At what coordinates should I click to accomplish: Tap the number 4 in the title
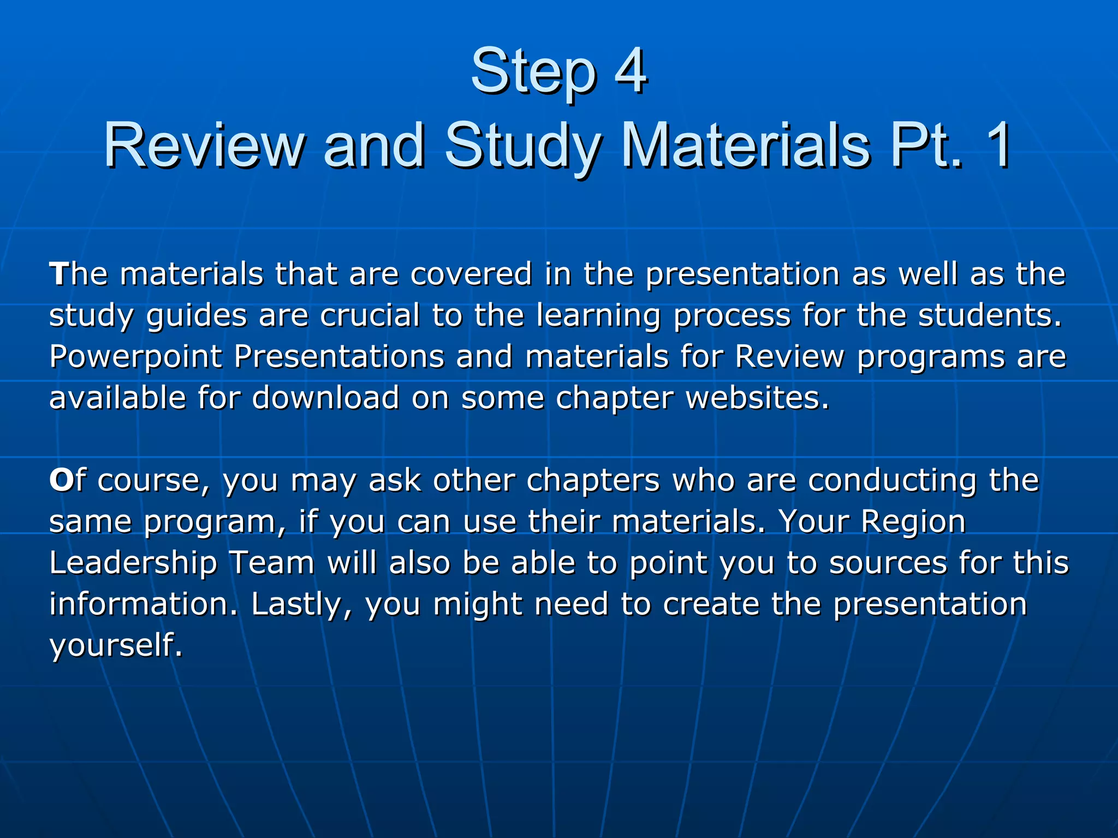pos(631,71)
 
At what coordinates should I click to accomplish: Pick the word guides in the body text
pos(197,316)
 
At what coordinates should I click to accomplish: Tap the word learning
pos(598,316)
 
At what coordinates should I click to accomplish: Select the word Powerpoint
pos(135,358)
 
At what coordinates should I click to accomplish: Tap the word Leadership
pos(133,563)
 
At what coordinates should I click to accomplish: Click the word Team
pos(271,563)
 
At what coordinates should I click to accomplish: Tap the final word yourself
pos(115,646)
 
